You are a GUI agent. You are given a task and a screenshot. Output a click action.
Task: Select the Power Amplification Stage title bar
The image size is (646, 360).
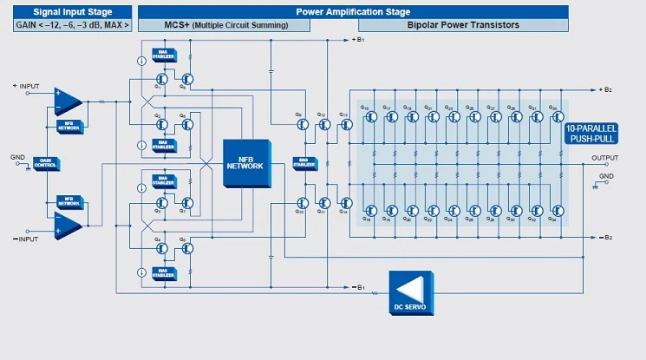click(x=353, y=11)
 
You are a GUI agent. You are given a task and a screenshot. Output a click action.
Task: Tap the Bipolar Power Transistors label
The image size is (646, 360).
click(x=463, y=25)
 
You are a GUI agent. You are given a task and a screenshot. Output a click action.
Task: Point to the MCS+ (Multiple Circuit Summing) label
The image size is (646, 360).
click(x=225, y=25)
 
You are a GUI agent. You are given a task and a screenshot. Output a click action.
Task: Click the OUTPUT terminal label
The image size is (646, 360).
click(x=605, y=157)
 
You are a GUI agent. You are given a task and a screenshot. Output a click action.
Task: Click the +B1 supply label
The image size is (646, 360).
click(x=359, y=40)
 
